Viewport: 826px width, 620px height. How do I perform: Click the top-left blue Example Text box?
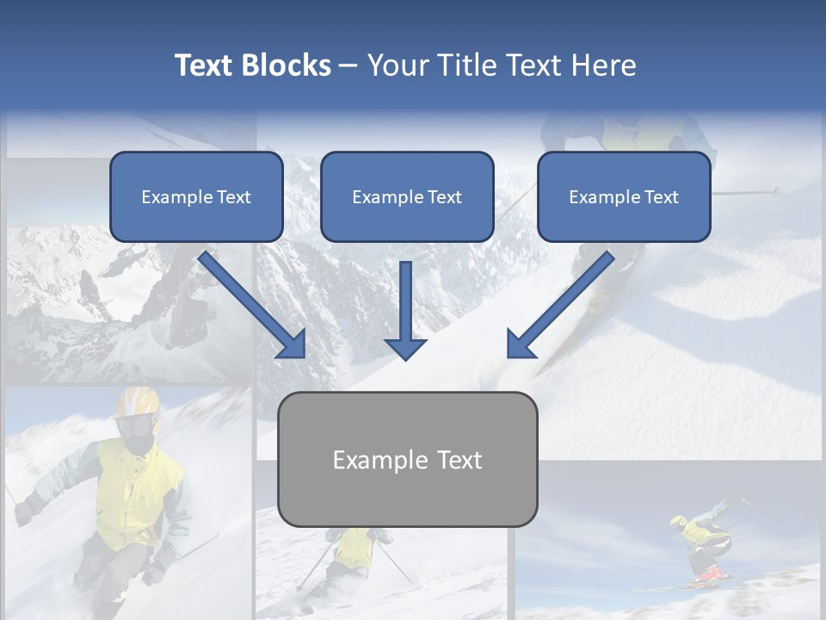[196, 196]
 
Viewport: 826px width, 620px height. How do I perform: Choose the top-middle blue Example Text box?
[407, 196]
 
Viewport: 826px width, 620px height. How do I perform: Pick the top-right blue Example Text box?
[624, 196]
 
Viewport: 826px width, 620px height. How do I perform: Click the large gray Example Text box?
[407, 459]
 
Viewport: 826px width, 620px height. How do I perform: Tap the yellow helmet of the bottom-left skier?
[138, 402]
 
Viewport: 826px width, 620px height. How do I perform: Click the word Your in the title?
[397, 65]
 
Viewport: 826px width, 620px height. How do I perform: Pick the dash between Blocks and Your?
[348, 66]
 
